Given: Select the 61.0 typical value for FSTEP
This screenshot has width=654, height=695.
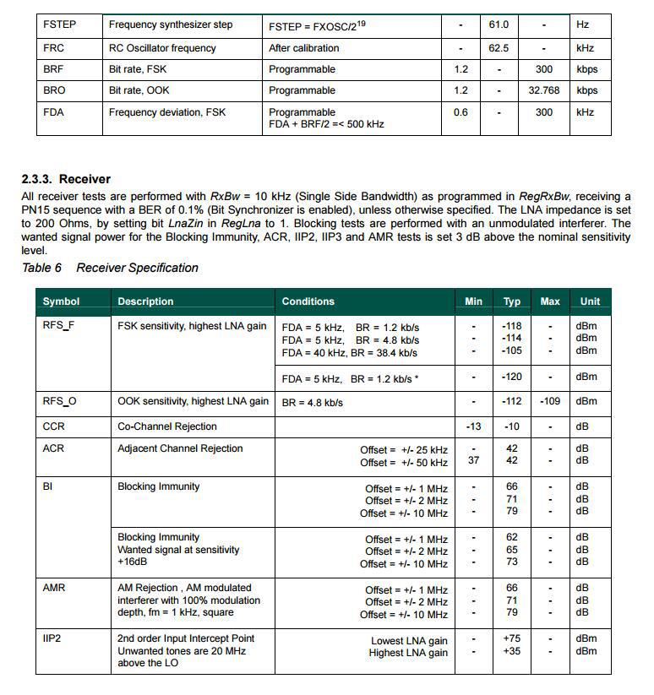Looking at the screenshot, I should coord(499,25).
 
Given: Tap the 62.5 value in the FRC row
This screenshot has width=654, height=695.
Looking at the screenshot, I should coord(499,48).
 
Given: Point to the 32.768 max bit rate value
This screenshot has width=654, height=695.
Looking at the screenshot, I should coord(544,90).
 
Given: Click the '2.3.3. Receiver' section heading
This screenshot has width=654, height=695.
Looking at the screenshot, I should coord(66,179).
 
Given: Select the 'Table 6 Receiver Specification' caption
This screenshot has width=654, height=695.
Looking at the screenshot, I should coord(110,268).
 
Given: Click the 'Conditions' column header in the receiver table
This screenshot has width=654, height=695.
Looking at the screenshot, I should coord(308,301).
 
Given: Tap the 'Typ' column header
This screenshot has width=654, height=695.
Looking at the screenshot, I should coord(512,301).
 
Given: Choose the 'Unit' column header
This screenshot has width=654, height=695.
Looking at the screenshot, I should coord(590,301).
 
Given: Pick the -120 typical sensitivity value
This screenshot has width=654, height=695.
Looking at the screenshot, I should coord(512,377).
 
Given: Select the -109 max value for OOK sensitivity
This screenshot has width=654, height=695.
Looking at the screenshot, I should coord(550,401).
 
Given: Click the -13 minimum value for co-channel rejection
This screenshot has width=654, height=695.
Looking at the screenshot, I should coord(474,426).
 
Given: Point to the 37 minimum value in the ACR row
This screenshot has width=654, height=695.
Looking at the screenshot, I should coord(474,461).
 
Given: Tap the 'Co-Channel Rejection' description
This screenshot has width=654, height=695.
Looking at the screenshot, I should coord(167,426).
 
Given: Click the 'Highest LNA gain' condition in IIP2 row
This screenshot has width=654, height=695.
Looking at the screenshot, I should coord(408,653).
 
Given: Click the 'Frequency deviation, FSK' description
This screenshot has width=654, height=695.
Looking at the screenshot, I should coord(167,112).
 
